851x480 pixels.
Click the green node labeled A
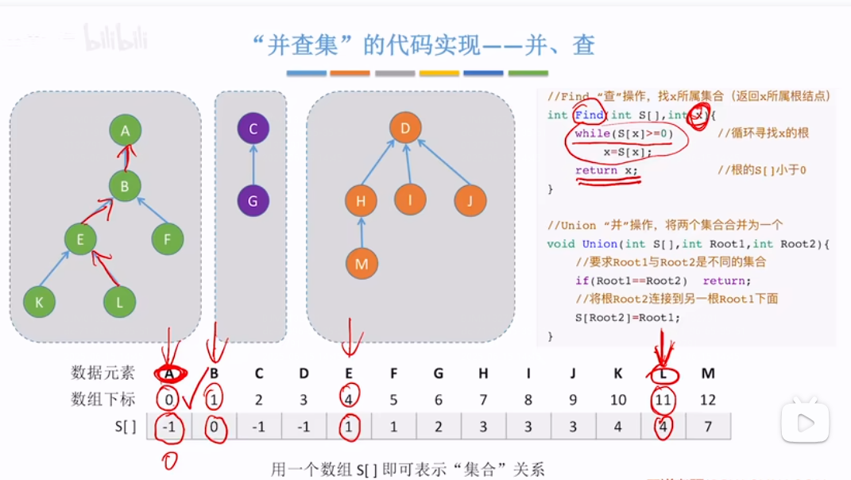click(125, 130)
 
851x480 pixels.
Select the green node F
click(168, 238)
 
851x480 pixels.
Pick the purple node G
click(253, 201)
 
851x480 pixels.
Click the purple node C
click(253, 129)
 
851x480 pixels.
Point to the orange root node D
click(405, 129)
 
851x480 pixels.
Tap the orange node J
click(470, 201)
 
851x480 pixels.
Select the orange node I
click(411, 200)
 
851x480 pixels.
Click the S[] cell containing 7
click(708, 426)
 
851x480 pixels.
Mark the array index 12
click(708, 400)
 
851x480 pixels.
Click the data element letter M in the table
click(708, 373)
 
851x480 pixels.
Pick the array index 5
click(393, 400)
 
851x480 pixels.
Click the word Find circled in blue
click(590, 115)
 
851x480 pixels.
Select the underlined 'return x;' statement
click(606, 170)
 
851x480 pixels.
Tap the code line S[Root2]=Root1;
click(628, 317)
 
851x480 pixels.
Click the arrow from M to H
click(362, 233)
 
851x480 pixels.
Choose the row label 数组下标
click(103, 400)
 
